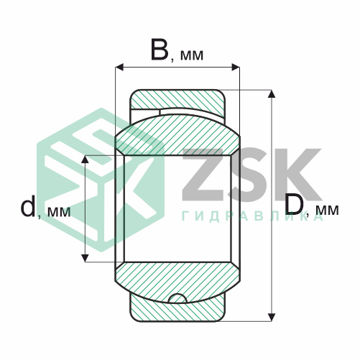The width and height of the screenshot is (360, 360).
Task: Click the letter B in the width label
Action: (x=160, y=50)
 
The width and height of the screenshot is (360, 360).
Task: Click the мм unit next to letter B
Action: (x=190, y=55)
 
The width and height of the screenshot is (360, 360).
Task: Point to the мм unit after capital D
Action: (x=327, y=211)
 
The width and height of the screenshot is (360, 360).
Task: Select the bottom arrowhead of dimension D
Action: (x=272, y=315)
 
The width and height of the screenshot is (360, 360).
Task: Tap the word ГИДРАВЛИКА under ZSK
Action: (x=252, y=216)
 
